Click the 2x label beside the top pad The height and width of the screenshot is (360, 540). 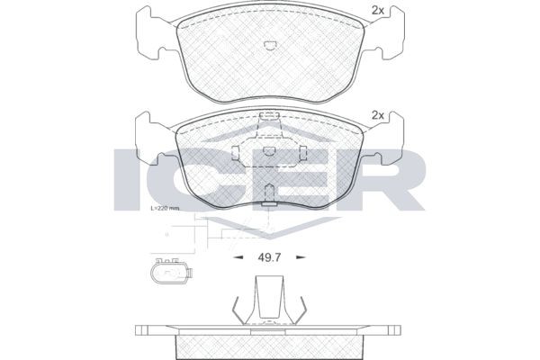pos(378,12)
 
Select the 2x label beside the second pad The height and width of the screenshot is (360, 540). pos(378,116)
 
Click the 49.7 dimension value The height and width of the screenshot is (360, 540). pos(268,258)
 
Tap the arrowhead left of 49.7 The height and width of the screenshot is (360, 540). pos(238,258)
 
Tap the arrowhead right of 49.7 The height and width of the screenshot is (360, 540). pos(301,258)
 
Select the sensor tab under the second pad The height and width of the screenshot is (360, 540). pos(268,202)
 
